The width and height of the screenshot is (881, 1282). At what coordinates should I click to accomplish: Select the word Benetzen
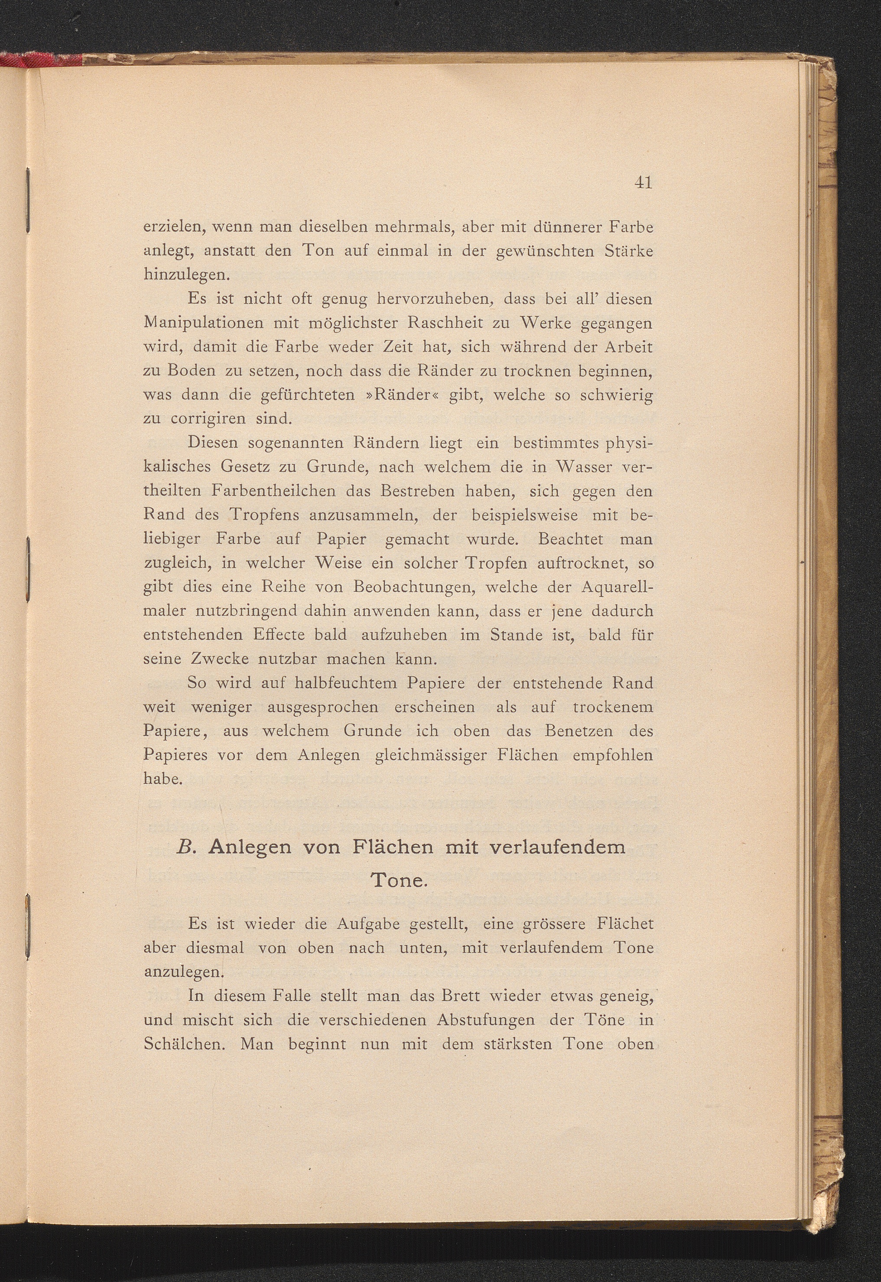click(578, 731)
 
